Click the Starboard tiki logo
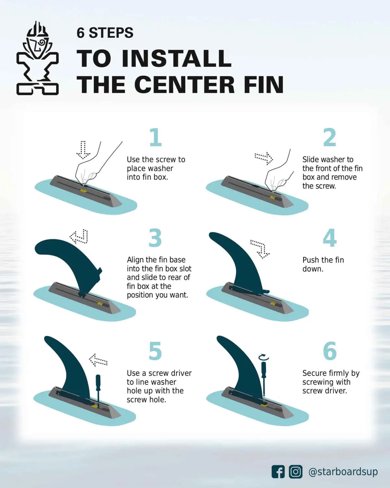coord(37,59)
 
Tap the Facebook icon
coord(278,472)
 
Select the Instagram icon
coord(296,472)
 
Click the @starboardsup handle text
coord(343,472)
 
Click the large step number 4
coord(330,238)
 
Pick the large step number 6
coord(330,351)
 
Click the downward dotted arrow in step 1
coord(83,150)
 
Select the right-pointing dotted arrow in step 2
coord(264,158)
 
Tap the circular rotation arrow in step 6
coord(264,357)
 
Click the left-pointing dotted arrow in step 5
coord(98,360)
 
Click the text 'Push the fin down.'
coord(323,264)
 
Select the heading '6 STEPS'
coord(105,33)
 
